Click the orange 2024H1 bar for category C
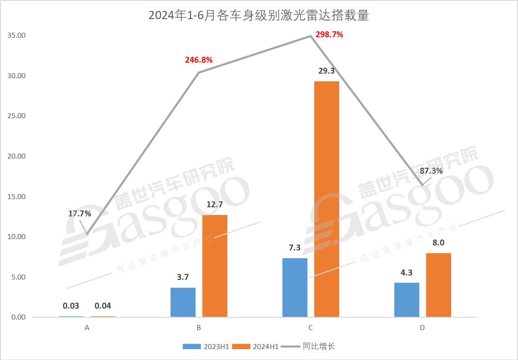point(327,199)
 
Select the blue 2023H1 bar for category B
point(183,302)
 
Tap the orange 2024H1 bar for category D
point(438,285)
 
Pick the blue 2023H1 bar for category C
point(295,287)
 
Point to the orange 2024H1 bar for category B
point(215,266)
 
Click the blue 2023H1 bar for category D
point(407,300)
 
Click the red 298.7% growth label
point(329,35)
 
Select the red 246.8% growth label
point(199,60)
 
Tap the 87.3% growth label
point(431,171)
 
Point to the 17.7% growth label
point(80,213)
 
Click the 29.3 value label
point(327,71)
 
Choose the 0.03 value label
point(71,306)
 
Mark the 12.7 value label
point(215,205)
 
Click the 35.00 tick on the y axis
point(16,35)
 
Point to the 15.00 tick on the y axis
point(16,196)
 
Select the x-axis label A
point(87,328)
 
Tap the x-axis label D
point(422,328)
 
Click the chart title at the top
point(258,15)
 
